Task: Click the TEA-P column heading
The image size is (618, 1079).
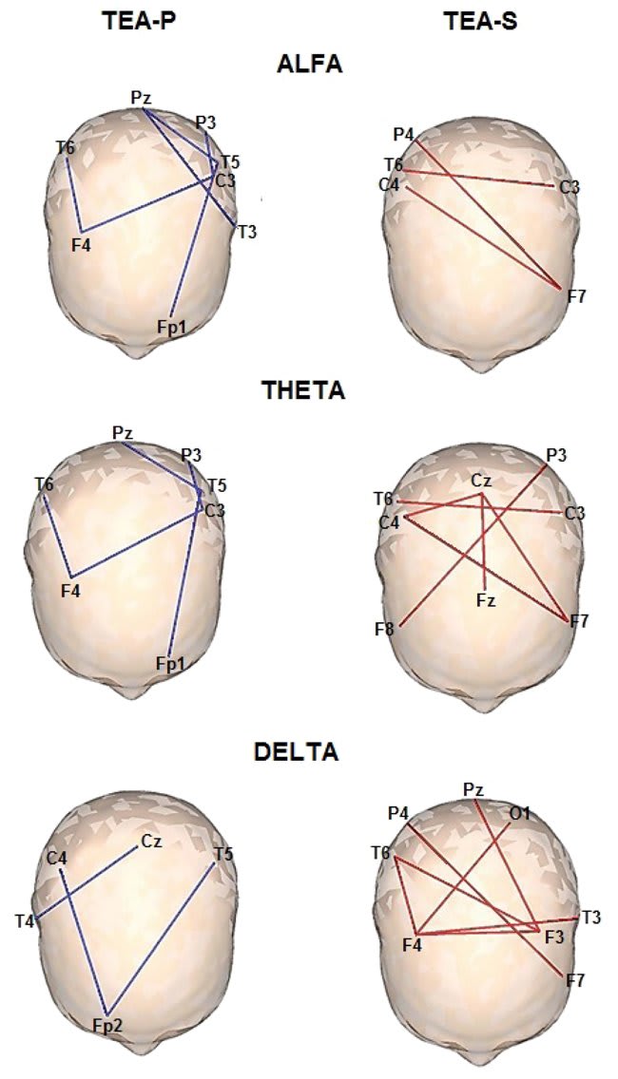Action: (140, 21)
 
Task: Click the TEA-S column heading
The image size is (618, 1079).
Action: (480, 21)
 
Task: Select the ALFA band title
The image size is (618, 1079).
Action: (309, 64)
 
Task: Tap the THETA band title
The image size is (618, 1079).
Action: (303, 390)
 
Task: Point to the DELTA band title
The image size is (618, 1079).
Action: (297, 751)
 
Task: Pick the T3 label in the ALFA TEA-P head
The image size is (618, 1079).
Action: (246, 232)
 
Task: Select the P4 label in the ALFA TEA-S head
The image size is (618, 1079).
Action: (403, 134)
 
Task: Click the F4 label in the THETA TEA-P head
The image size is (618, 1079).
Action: (71, 590)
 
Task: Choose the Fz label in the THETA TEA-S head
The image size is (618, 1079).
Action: (486, 600)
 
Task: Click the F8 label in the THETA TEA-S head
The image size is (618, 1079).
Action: (385, 628)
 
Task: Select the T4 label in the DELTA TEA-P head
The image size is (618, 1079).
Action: (25, 920)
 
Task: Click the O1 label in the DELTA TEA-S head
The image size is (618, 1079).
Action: (519, 813)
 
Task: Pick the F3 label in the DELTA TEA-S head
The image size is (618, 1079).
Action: (554, 937)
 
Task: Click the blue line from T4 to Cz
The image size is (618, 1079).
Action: (87, 882)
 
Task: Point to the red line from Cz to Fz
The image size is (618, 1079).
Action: (484, 541)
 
